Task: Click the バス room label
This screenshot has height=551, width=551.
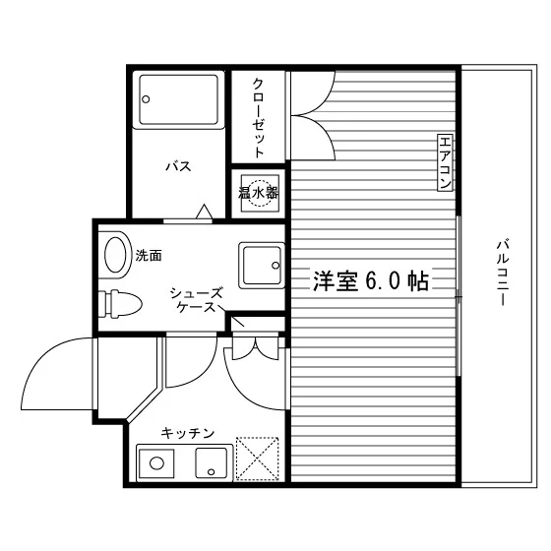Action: [178, 166]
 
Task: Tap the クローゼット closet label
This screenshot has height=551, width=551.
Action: [258, 118]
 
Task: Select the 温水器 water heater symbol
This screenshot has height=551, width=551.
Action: [260, 193]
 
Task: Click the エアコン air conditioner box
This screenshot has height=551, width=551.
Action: [445, 162]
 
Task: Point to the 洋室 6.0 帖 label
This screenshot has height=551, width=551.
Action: [371, 281]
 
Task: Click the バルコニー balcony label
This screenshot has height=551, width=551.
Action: [503, 273]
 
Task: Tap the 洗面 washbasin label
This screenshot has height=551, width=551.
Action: [149, 256]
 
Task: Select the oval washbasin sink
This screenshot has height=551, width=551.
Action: [115, 255]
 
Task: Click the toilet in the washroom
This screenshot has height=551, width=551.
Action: [120, 304]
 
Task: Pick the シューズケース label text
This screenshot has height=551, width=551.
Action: [196, 300]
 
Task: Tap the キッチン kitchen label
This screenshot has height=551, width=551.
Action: [188, 433]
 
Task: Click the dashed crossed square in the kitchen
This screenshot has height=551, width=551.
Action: [257, 459]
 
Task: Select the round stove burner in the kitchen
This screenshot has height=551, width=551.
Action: [156, 463]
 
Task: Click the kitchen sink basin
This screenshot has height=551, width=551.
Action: [211, 462]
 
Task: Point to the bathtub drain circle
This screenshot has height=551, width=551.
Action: [146, 99]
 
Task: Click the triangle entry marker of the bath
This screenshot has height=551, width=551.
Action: [205, 212]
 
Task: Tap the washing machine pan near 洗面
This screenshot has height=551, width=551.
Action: [262, 266]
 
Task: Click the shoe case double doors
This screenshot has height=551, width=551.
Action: [256, 348]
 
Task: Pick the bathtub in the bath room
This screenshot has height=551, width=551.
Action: [178, 99]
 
